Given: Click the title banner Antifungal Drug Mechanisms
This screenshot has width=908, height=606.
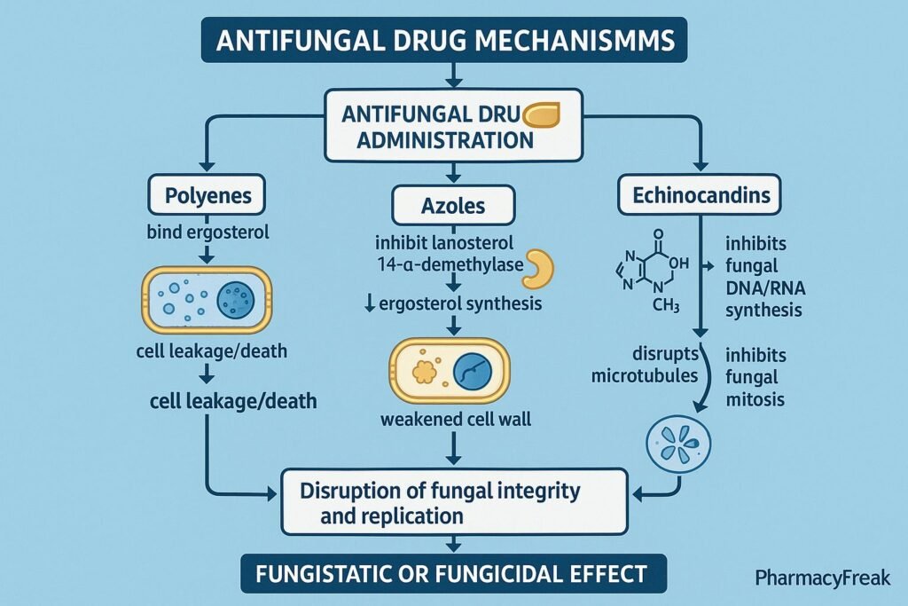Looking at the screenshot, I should [453, 42].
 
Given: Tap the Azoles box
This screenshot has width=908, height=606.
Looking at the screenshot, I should [453, 206].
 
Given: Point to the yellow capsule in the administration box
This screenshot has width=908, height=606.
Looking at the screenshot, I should [543, 115].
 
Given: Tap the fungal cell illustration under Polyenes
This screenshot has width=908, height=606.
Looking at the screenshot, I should [206, 299].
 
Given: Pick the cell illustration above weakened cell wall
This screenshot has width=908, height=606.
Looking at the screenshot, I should [453, 372].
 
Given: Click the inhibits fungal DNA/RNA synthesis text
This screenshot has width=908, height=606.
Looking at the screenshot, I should [763, 276].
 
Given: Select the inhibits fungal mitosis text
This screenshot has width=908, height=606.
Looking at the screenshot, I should [755, 377].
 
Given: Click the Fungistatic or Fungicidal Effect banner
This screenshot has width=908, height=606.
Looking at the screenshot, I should [453, 573].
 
